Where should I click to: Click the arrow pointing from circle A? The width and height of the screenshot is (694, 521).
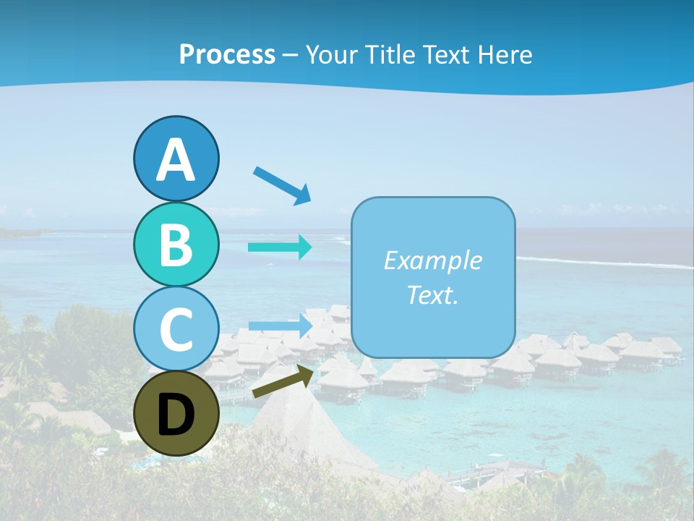click(282, 186)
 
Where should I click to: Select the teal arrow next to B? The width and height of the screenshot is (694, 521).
click(280, 247)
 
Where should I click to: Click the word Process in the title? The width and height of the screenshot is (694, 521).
click(227, 55)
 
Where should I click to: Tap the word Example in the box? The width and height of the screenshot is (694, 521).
click(432, 260)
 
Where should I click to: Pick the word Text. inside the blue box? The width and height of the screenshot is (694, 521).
click(432, 295)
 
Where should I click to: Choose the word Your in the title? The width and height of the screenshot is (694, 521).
click(330, 55)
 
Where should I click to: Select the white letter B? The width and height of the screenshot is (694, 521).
click(176, 245)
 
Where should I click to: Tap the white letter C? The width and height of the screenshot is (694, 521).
click(176, 330)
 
